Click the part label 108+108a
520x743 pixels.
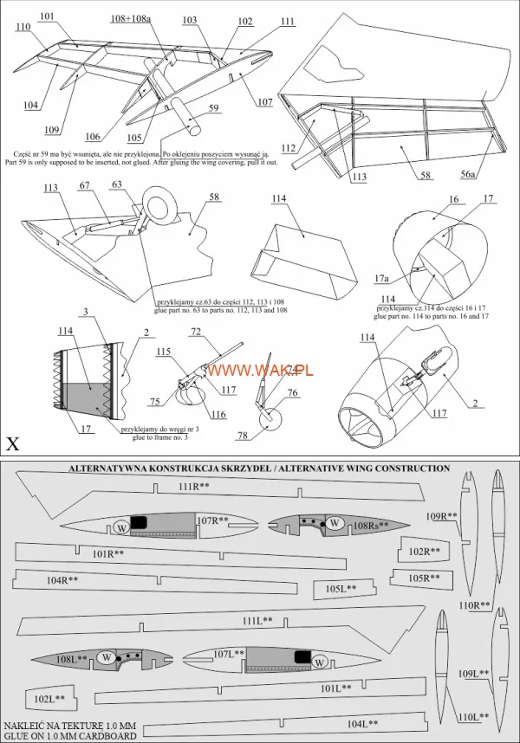tap(129, 18)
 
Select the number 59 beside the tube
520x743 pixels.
tap(213, 108)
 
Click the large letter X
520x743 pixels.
tap(13, 444)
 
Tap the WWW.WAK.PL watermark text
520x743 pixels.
tap(260, 370)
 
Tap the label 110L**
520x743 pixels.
tap(472, 717)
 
